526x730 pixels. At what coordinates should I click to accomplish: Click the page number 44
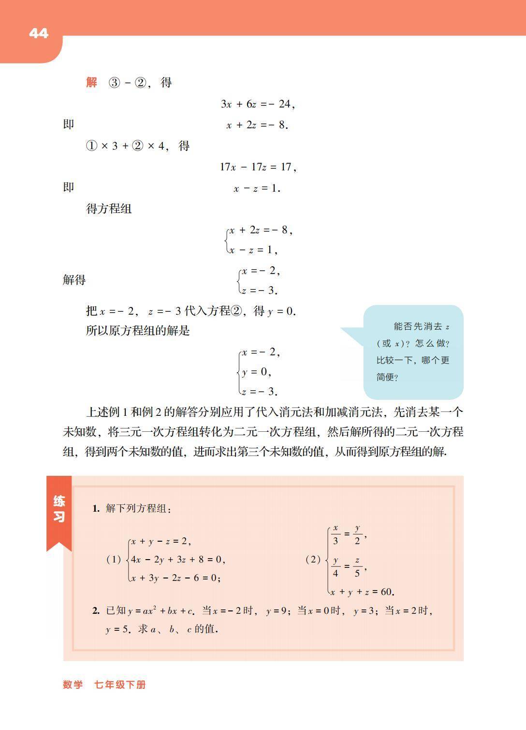coord(39,33)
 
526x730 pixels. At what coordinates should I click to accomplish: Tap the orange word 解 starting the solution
coord(92,82)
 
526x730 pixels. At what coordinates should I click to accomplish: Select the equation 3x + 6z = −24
coord(257,104)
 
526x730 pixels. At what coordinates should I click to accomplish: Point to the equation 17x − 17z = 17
coord(258,167)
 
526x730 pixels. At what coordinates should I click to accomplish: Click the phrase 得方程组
coord(109,209)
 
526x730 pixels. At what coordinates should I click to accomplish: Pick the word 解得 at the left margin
coord(74,280)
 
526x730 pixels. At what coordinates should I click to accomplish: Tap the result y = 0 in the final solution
coord(256,372)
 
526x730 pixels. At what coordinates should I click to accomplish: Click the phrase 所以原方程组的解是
coord(138,331)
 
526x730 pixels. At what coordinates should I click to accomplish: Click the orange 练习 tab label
coord(59,509)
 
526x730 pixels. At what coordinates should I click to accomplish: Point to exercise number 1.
coord(96,508)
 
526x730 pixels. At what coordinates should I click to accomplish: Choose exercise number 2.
coord(96,611)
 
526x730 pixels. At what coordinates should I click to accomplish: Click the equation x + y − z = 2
coord(161,541)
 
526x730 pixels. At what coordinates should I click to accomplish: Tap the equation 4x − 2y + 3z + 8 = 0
coord(177,560)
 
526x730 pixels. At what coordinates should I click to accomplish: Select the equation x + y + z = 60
coord(362,592)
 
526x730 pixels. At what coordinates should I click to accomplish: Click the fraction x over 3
coord(336,534)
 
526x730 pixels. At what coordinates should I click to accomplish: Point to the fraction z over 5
coord(357,567)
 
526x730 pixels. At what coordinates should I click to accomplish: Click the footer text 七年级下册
coord(120,684)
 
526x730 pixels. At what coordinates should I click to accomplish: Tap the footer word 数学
coord(73,684)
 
